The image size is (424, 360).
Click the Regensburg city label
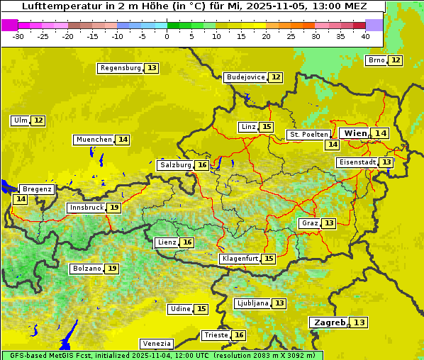pyautogui.click(x=121, y=68)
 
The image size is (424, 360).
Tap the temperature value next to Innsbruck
pyautogui.click(x=114, y=208)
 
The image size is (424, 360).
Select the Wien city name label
pyautogui.click(x=355, y=133)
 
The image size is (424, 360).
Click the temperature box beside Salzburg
pyautogui.click(x=202, y=165)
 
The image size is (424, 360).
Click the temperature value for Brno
pyautogui.click(x=395, y=60)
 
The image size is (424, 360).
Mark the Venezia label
pyautogui.click(x=156, y=343)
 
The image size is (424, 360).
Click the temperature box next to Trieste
pyautogui.click(x=239, y=335)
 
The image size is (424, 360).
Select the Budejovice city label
pyautogui.click(x=245, y=77)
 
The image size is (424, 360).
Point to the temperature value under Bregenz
pyautogui.click(x=20, y=199)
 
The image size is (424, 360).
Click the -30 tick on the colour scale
pyautogui.click(x=18, y=35)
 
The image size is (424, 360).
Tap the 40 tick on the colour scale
pyautogui.click(x=365, y=35)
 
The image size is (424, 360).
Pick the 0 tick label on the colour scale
pyautogui.click(x=167, y=35)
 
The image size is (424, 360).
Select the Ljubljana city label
pyautogui.click(x=252, y=303)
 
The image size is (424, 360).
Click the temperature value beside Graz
pyautogui.click(x=329, y=223)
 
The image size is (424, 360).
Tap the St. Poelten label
pyautogui.click(x=308, y=134)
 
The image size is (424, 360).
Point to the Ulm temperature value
pyautogui.click(x=38, y=120)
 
